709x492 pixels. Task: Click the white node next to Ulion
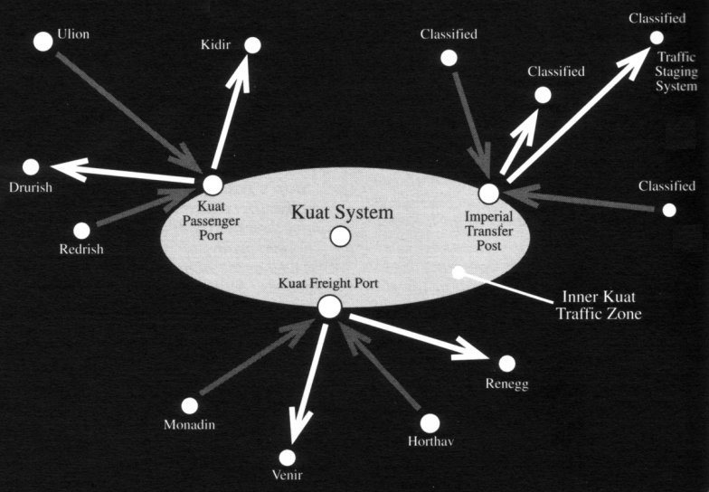point(43,42)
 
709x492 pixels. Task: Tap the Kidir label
point(215,44)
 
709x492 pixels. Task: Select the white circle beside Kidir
point(253,45)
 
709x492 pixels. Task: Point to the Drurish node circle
point(31,167)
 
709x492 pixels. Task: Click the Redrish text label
point(81,250)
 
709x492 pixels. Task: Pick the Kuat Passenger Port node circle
point(213,184)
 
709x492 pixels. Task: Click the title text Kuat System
point(342,212)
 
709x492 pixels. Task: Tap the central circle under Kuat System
point(340,237)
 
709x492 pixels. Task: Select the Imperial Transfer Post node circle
point(488,194)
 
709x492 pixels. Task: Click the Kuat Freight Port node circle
point(329,307)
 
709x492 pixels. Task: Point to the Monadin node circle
point(190,405)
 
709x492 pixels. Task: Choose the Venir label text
point(288,475)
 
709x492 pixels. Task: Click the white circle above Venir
point(288,458)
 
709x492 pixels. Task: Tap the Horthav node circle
point(430,423)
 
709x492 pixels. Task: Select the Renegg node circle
point(506,364)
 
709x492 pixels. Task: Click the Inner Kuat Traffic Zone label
point(599,306)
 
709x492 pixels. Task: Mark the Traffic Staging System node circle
point(657,38)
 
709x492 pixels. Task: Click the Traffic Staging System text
point(676,71)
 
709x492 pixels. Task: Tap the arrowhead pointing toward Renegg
point(470,349)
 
